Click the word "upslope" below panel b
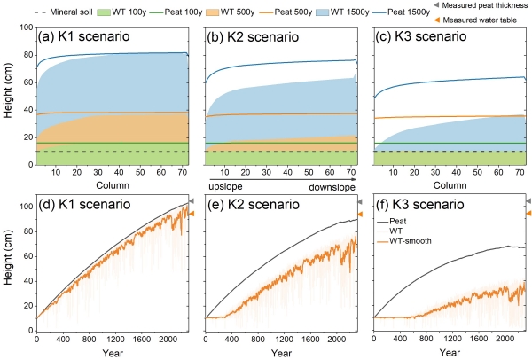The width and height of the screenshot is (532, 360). click(x=225, y=189)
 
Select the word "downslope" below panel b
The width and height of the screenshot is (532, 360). click(x=332, y=189)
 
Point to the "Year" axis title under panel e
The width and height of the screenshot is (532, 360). click(x=280, y=354)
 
